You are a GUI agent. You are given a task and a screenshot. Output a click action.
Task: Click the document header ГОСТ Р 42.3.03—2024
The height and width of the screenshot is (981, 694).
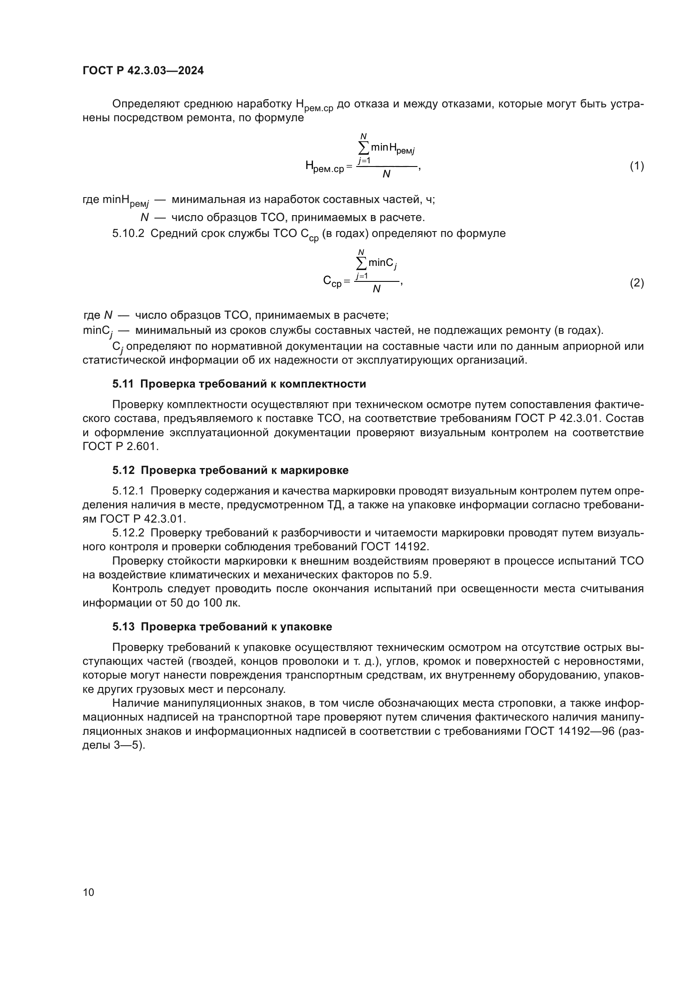143,70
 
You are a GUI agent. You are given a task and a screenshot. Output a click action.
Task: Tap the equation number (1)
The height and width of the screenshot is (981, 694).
637,166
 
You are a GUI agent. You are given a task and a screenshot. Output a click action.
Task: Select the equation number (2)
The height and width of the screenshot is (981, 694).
637,283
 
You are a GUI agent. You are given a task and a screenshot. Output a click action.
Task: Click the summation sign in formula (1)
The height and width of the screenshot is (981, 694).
363,148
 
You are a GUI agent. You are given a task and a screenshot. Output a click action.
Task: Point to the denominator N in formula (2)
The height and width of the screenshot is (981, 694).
376,289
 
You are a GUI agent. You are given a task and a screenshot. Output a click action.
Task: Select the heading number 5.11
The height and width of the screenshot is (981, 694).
123,384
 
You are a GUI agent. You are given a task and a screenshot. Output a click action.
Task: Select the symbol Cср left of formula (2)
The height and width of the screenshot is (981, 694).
332,281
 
